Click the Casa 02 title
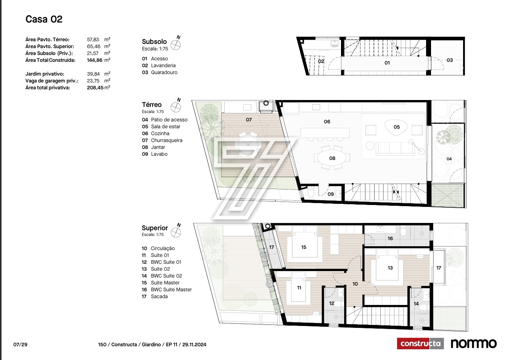(44, 19)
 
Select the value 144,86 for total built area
(95, 60)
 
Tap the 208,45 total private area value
(95, 88)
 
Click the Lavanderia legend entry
(159, 66)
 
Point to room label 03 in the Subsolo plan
(450, 60)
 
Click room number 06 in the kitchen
(327, 122)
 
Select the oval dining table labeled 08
(332, 158)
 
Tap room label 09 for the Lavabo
(331, 194)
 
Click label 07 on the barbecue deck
(249, 119)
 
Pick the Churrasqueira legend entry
(162, 140)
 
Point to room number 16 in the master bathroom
(390, 238)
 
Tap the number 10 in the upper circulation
(355, 284)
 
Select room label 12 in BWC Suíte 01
(331, 303)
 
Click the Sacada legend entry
(155, 296)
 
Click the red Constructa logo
(420, 343)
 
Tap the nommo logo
(474, 344)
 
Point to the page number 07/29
(20, 344)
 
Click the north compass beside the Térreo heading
(176, 106)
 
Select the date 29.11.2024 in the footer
(194, 344)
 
